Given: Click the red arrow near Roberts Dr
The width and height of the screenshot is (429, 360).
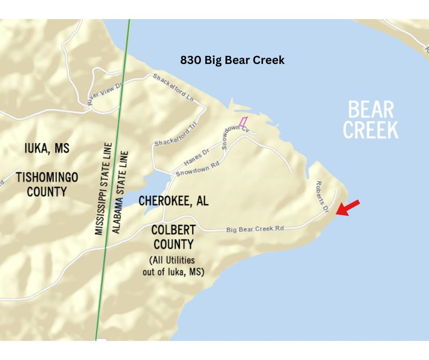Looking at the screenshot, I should click(348, 208).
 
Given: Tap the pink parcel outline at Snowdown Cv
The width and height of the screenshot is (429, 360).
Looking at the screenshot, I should click(243, 122).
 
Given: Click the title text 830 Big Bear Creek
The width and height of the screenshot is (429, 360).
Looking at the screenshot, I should click(232, 60).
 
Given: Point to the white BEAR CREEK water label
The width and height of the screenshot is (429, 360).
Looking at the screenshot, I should click(371, 120).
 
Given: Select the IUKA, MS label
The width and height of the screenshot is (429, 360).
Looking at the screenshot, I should click(47, 148).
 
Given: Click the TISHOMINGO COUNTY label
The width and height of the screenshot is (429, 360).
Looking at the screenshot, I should click(47, 184).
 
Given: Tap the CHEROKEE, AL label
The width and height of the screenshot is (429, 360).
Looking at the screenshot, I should click(173, 201).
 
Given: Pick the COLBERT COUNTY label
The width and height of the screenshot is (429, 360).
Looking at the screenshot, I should click(173, 237).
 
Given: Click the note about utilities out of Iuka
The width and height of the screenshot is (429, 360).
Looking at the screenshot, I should click(173, 265).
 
